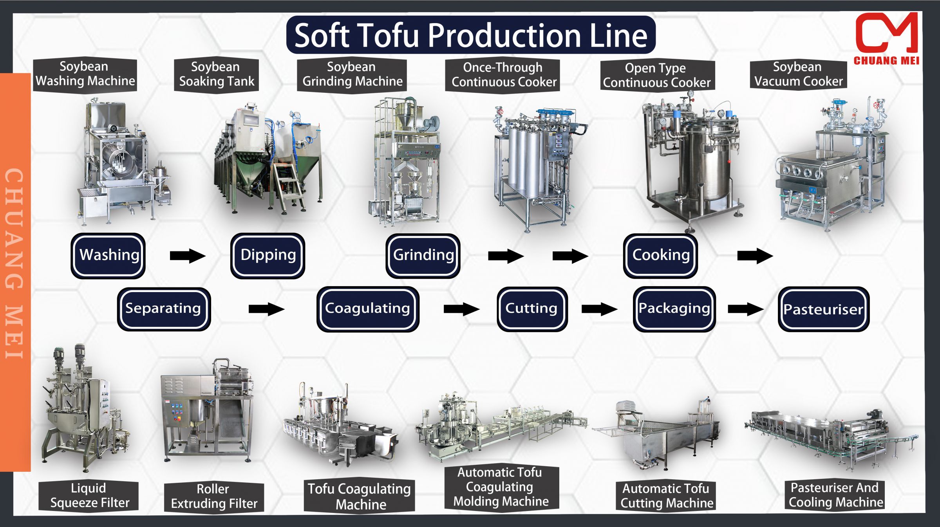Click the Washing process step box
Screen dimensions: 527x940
click(108, 256)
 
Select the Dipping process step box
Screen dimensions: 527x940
click(268, 256)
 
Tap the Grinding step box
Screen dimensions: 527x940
click(423, 256)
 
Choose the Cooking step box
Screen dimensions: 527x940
click(660, 256)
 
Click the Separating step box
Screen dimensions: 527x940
click(164, 309)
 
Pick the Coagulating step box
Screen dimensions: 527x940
click(367, 309)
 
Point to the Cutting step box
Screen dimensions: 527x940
click(532, 309)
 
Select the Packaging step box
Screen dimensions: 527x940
click(674, 309)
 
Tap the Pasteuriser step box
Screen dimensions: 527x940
click(823, 309)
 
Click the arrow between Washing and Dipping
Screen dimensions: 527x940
click(187, 256)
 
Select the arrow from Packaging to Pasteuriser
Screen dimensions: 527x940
click(745, 309)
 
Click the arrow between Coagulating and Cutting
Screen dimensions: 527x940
click(461, 309)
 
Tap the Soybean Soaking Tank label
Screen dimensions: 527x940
click(216, 74)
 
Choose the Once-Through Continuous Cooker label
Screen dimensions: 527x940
click(503, 75)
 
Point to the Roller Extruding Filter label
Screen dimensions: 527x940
click(214, 496)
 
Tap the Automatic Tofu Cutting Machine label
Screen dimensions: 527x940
click(666, 496)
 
